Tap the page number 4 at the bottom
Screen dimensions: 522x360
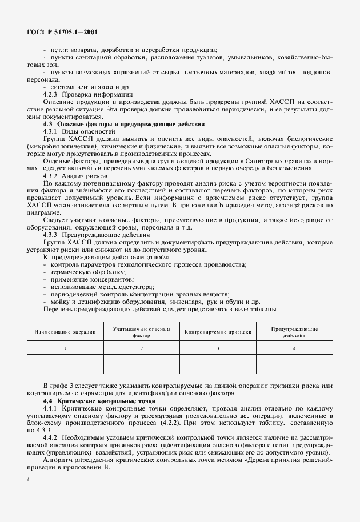pos(28,480)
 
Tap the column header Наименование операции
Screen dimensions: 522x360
pos(65,331)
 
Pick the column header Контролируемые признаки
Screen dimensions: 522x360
pos(218,331)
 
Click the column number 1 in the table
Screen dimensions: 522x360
pos(65,348)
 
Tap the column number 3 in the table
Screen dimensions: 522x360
pos(218,348)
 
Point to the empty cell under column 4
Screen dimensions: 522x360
pos(294,364)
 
